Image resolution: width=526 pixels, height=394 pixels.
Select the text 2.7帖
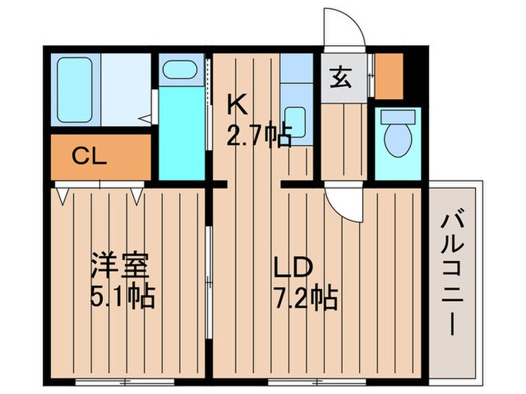point(259,138)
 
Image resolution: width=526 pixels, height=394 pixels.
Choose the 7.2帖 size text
point(304,299)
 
